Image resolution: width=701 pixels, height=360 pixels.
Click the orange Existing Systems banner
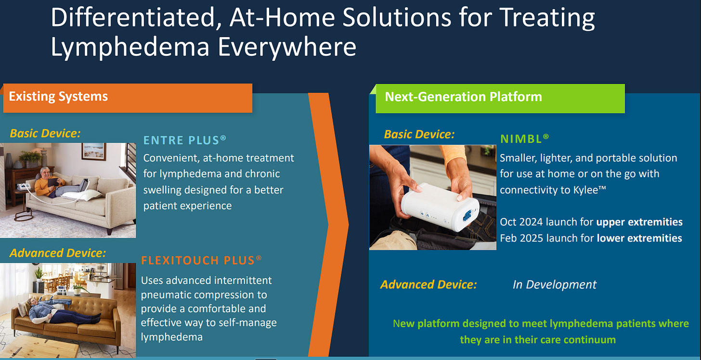(128, 98)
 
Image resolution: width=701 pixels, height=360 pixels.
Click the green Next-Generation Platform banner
(500, 98)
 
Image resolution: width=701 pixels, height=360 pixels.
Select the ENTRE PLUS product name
(185, 140)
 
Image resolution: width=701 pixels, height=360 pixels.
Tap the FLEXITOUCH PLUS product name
(201, 260)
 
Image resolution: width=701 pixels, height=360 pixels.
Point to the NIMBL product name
(524, 139)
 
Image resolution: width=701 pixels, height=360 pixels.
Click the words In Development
(555, 284)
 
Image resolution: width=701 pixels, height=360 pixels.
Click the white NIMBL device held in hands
(440, 207)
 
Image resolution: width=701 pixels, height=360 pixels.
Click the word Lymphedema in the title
(130, 47)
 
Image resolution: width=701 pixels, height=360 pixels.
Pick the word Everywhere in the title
(287, 47)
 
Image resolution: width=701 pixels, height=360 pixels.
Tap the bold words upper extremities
(639, 222)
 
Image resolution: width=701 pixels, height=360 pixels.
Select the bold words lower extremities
(639, 238)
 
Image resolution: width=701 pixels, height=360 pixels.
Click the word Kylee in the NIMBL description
(585, 190)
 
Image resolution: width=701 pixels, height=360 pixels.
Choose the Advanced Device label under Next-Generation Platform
(428, 284)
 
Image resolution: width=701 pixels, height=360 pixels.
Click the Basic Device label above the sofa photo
(45, 133)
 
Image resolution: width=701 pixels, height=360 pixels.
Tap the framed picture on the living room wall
(94, 151)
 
